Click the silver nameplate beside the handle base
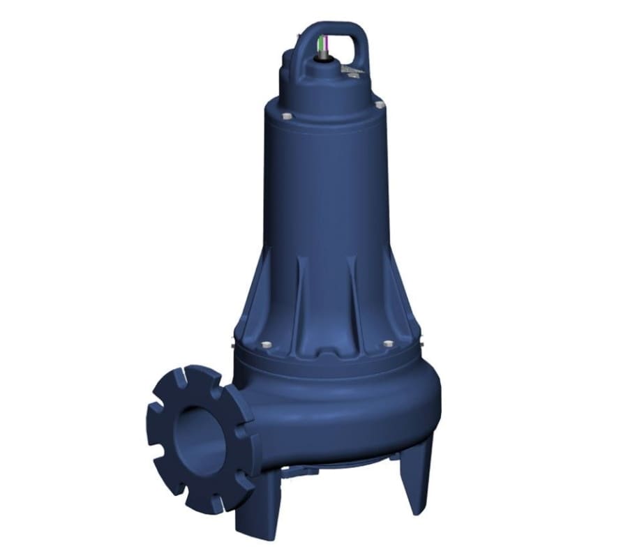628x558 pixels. (x=352, y=69)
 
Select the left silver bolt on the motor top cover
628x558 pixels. (x=287, y=116)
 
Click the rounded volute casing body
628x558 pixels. (x=349, y=412)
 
